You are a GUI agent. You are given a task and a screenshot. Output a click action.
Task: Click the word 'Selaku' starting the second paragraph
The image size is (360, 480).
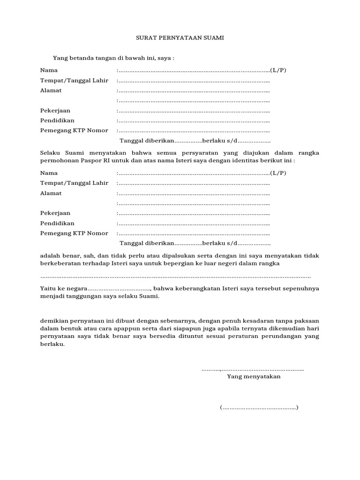(50, 153)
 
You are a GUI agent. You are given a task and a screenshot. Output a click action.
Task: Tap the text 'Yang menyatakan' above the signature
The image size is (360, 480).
(254, 376)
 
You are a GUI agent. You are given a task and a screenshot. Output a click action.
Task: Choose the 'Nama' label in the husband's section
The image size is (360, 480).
(48, 70)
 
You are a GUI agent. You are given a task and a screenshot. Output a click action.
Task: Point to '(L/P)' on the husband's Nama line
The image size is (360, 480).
(278, 70)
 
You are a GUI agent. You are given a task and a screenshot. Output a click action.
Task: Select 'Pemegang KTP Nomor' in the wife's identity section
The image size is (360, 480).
(74, 233)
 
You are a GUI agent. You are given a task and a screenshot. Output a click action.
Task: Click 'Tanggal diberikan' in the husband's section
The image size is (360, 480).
(147, 141)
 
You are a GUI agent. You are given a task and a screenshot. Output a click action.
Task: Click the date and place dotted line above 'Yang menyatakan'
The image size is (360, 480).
(253, 369)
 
